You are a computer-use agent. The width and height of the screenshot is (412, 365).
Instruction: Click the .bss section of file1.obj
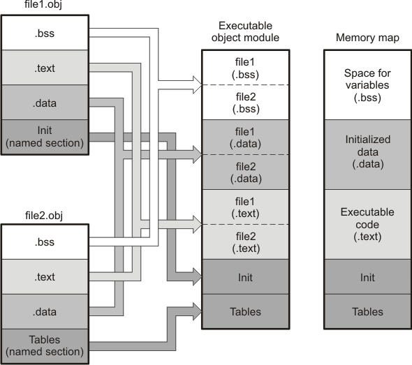[x=45, y=32]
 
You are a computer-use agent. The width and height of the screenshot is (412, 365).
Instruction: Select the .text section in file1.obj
[x=45, y=68]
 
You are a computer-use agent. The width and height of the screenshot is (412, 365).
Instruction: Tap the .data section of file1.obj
[x=45, y=103]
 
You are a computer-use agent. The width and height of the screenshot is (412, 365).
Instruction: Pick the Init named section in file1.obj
[x=45, y=137]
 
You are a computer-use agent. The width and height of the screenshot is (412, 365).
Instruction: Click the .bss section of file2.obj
[x=45, y=242]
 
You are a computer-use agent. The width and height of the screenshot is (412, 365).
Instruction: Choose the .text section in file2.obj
[x=45, y=277]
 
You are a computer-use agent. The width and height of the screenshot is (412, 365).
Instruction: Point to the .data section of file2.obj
[x=45, y=311]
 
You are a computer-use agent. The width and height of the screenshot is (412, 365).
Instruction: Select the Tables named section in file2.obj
[x=45, y=345]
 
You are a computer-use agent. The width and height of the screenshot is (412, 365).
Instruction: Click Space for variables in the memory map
[x=367, y=84]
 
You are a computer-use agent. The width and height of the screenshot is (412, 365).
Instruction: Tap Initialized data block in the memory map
[x=367, y=154]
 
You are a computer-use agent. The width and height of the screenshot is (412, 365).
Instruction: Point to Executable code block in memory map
[x=367, y=223]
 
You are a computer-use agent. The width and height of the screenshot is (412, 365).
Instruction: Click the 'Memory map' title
[x=367, y=38]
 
